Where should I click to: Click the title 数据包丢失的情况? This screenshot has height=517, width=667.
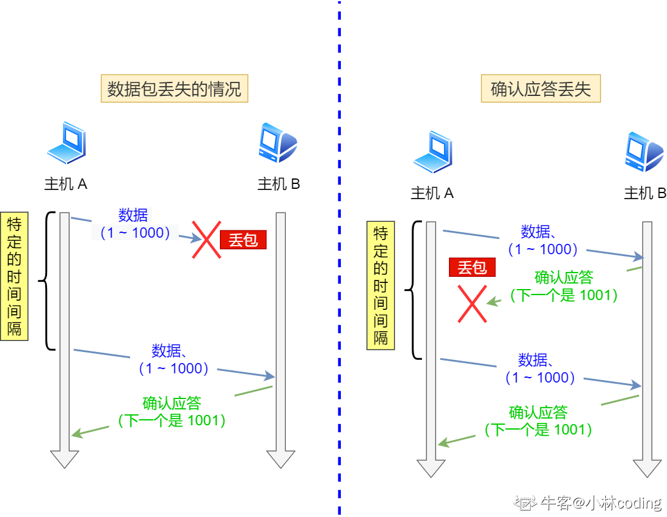pyautogui.click(x=175, y=90)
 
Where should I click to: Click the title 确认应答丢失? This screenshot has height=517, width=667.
pyautogui.click(x=541, y=89)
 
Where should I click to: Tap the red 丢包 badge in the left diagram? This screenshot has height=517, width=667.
pyautogui.click(x=244, y=240)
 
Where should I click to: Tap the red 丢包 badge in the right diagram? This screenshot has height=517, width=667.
pyautogui.click(x=472, y=268)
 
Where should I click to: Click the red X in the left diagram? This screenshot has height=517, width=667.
pyautogui.click(x=206, y=240)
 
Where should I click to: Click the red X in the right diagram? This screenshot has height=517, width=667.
pyautogui.click(x=473, y=304)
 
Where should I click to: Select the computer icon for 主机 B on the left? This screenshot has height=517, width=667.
pyautogui.click(x=278, y=143)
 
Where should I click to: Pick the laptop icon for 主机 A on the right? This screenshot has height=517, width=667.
pyautogui.click(x=432, y=152)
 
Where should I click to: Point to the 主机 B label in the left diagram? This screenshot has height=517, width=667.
pyautogui.click(x=279, y=184)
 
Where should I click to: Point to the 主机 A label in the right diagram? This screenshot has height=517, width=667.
pyautogui.click(x=432, y=194)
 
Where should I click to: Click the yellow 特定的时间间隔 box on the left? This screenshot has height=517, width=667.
pyautogui.click(x=14, y=276)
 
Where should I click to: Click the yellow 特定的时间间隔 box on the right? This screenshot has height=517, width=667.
pyautogui.click(x=381, y=285)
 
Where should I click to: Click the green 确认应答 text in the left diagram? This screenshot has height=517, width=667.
pyautogui.click(x=172, y=403)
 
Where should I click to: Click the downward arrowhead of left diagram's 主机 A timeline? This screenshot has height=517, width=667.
pyautogui.click(x=64, y=458)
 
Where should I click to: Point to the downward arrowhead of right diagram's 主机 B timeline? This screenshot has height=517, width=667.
pyautogui.click(x=647, y=468)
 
